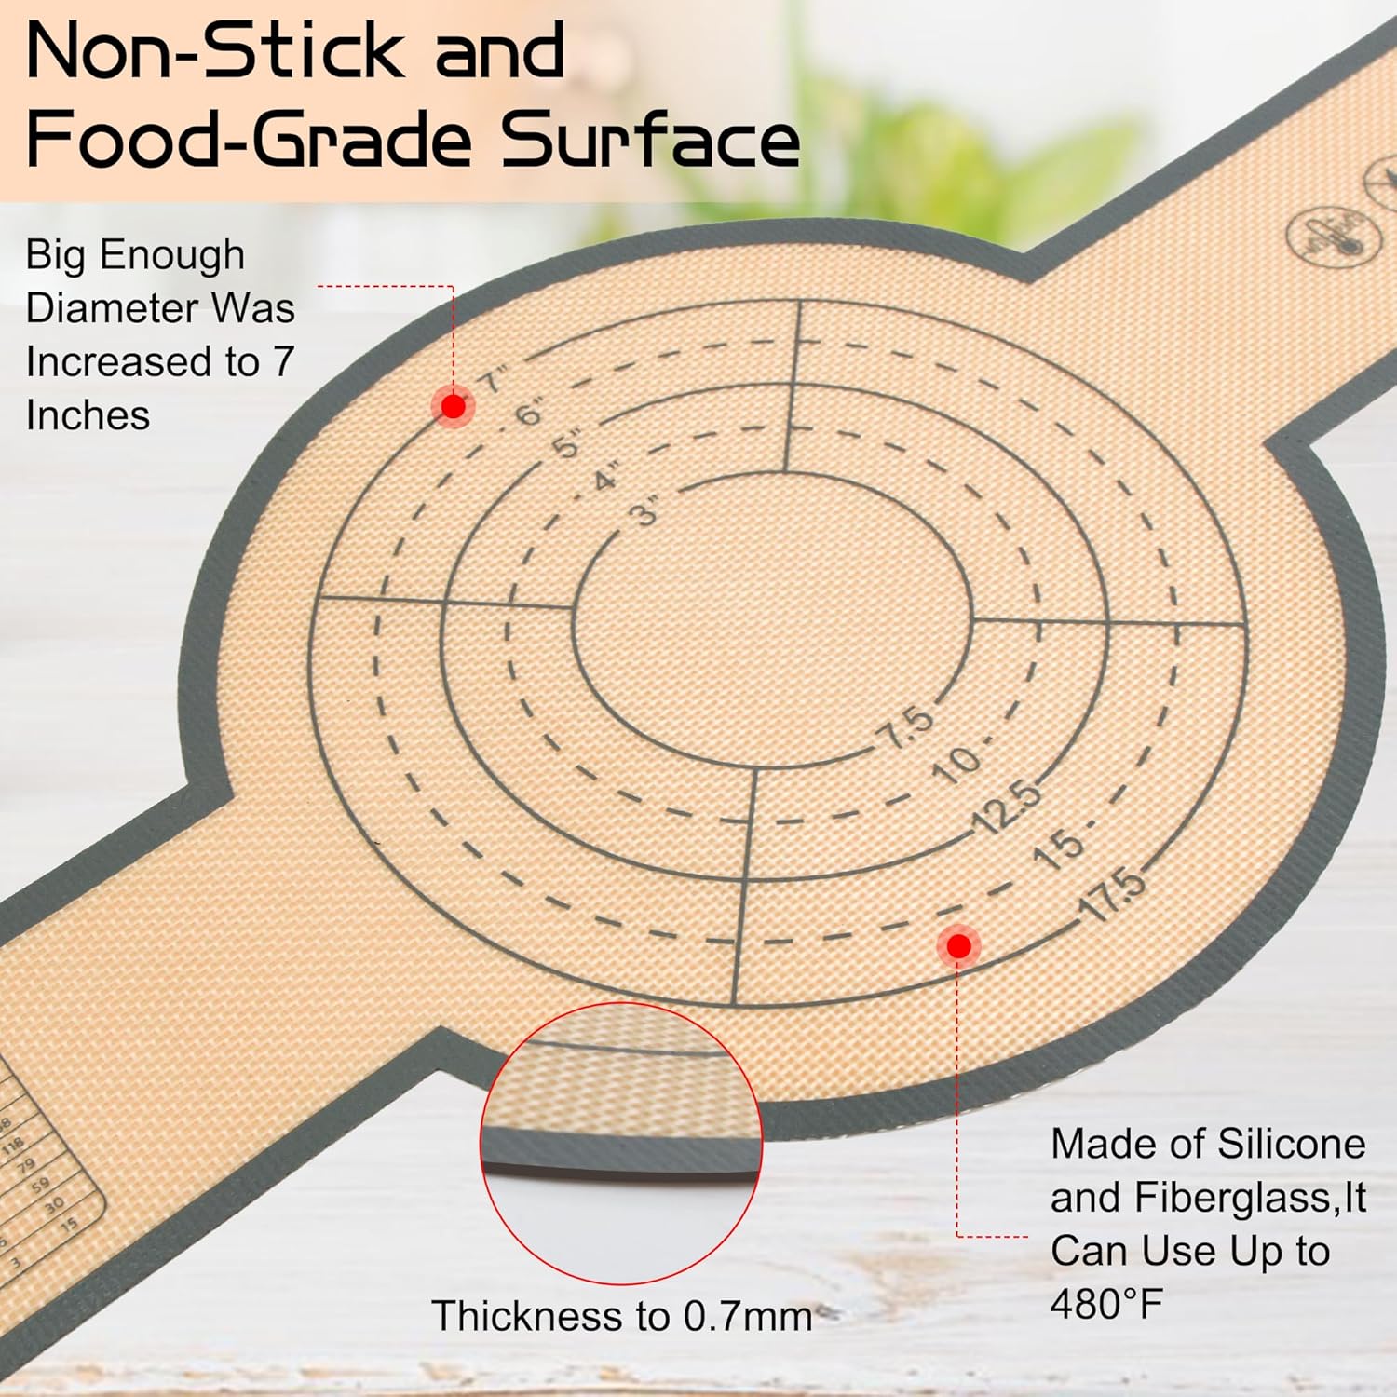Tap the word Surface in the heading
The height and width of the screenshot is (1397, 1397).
pos(650,140)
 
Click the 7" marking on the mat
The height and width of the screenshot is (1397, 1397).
pos(494,381)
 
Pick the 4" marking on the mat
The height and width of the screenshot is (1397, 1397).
pos(606,479)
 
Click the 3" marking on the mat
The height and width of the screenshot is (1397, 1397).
pos(644,511)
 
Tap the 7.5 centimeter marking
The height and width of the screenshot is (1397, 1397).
pos(906,727)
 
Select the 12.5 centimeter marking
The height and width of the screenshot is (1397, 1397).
pos(1006,807)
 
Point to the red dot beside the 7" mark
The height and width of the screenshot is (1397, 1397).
pos(454,407)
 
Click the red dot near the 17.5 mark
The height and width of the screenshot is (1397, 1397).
pos(958,946)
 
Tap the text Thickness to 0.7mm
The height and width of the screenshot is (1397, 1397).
pos(622,1316)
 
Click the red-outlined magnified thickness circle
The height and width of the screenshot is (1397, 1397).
pos(621,1144)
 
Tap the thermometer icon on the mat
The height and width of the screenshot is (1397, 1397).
pos(1331,233)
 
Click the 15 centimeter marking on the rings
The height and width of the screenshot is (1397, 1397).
pos(1060,848)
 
